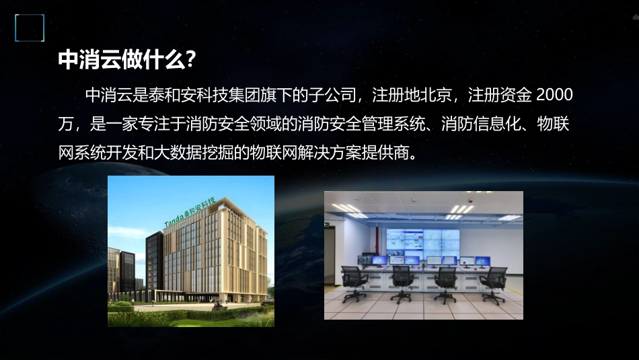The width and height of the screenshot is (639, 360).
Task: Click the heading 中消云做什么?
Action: click(127, 60)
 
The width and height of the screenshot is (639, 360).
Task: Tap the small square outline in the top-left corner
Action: click(30, 28)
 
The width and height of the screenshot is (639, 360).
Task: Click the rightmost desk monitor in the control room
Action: click(483, 260)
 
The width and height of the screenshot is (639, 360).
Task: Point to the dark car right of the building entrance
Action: click(266, 303)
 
